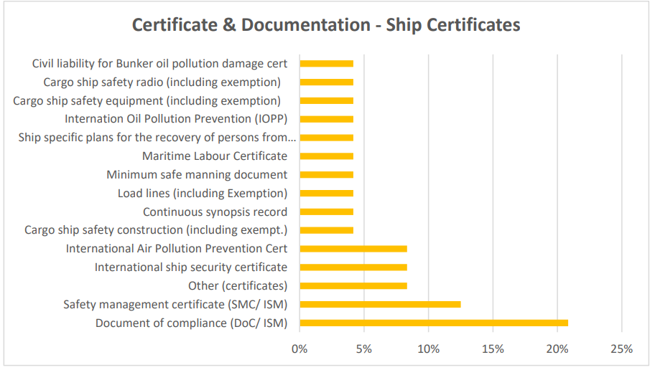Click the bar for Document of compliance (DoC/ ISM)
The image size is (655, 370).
click(x=433, y=323)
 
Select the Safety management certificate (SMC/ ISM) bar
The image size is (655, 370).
click(x=380, y=304)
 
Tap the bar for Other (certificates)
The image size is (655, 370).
click(x=353, y=285)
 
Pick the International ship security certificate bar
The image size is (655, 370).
click(x=353, y=267)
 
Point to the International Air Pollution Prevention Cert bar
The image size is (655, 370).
click(x=353, y=249)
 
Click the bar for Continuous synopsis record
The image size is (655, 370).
click(x=326, y=212)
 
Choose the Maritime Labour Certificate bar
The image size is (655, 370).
click(x=326, y=156)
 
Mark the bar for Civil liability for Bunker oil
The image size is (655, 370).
click(x=326, y=64)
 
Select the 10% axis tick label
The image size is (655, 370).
click(x=428, y=349)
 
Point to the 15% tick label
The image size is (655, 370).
click(x=493, y=349)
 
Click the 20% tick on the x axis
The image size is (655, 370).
click(x=557, y=349)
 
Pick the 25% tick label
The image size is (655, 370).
click(x=622, y=349)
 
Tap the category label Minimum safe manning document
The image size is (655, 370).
click(x=197, y=174)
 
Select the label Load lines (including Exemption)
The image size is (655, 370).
click(x=203, y=193)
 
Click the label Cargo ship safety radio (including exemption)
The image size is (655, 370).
click(x=162, y=82)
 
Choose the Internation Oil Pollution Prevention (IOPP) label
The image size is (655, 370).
click(x=176, y=119)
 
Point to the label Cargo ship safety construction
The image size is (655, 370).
click(x=156, y=230)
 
